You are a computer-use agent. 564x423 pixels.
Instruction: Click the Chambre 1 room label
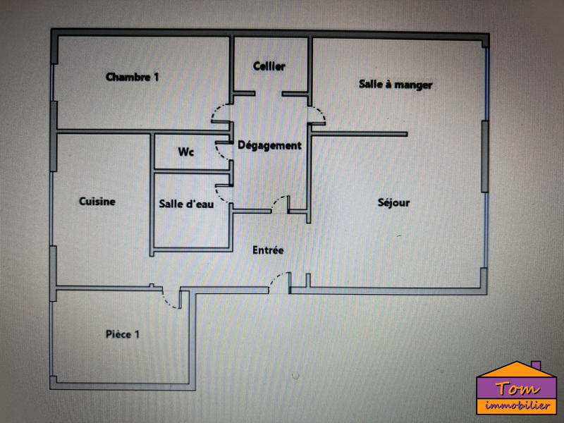click(132, 77)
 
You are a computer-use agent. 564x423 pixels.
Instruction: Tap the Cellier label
click(269, 66)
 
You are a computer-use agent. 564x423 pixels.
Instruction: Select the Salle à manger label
click(396, 85)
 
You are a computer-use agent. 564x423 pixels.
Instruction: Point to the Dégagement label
click(269, 146)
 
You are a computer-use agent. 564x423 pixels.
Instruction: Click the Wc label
click(186, 152)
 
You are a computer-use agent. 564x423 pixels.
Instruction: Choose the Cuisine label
click(97, 202)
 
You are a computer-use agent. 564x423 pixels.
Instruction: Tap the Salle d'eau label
click(186, 204)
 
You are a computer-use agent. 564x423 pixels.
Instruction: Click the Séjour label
click(393, 202)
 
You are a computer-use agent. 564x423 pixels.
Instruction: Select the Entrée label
click(269, 250)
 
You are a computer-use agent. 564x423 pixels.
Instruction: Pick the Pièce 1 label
click(122, 334)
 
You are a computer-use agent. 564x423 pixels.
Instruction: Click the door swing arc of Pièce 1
click(170, 300)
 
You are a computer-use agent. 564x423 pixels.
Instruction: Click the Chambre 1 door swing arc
click(220, 114)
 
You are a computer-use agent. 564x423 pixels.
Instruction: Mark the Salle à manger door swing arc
click(318, 113)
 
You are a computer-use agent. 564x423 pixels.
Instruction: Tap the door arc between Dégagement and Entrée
click(280, 202)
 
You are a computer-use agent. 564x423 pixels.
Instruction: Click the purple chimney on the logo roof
click(535, 367)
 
